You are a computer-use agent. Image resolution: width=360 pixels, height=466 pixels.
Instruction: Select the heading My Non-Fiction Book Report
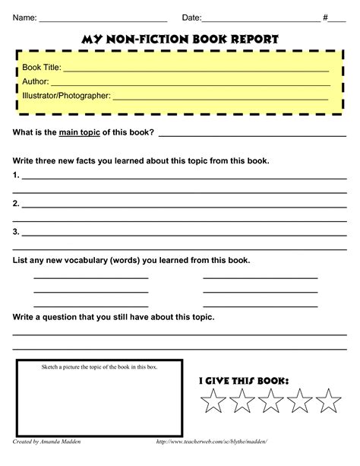pyautogui.click(x=179, y=39)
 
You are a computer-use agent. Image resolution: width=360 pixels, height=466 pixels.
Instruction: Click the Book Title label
pyautogui.click(x=42, y=68)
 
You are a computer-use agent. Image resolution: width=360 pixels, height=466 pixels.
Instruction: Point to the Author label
pyautogui.click(x=36, y=82)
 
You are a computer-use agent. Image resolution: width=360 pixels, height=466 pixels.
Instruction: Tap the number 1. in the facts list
pyautogui.click(x=16, y=176)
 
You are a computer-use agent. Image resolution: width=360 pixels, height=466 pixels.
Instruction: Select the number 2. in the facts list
pyautogui.click(x=16, y=204)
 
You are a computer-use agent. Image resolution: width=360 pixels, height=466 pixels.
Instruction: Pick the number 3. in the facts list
pyautogui.click(x=16, y=231)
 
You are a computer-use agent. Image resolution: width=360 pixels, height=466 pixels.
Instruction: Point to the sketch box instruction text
pyautogui.click(x=99, y=368)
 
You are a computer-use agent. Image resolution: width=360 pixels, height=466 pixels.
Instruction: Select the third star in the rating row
pyautogui.click(x=273, y=401)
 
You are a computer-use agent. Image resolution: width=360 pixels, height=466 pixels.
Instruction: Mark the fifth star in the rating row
pyautogui.click(x=328, y=401)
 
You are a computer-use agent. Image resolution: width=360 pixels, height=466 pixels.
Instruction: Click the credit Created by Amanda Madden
pyautogui.click(x=48, y=442)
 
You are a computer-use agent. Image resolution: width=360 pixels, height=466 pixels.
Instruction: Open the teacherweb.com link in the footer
pyautogui.click(x=211, y=442)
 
